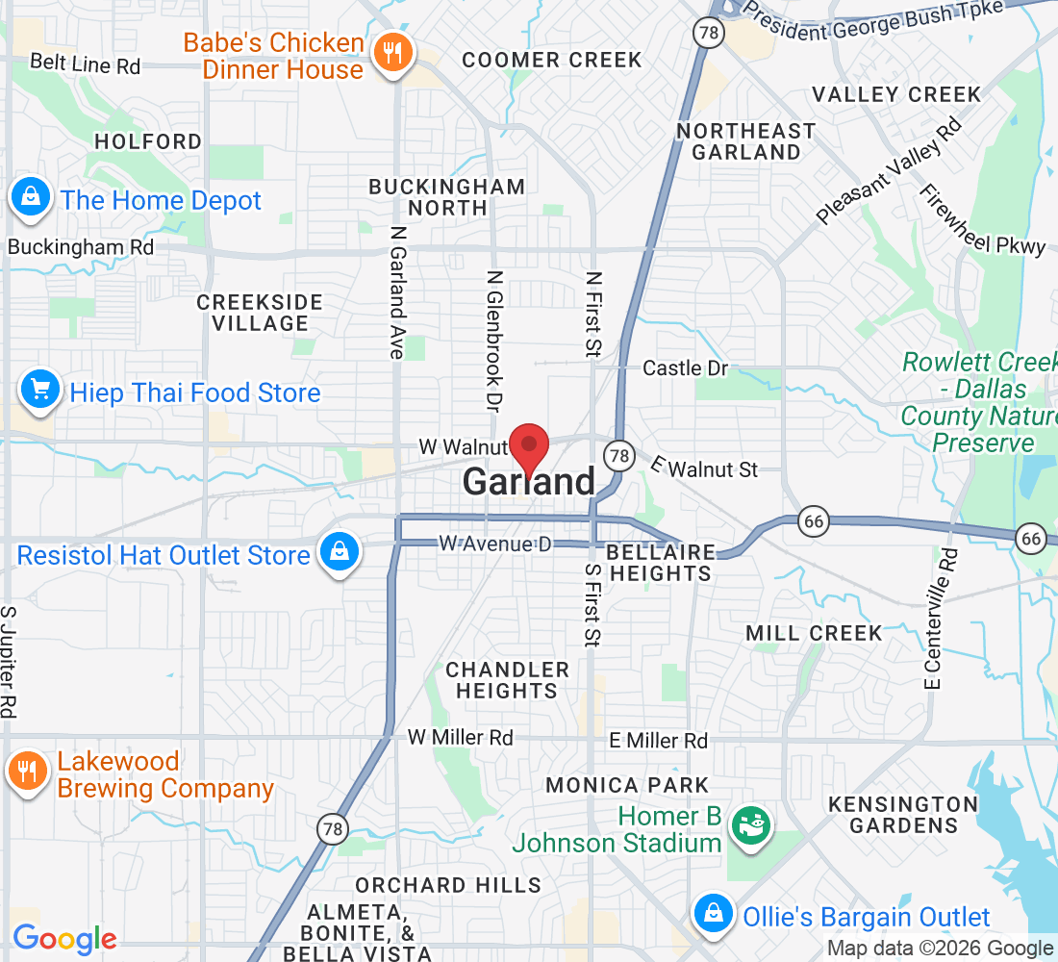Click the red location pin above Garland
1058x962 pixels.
point(528,446)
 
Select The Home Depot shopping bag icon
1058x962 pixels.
point(31,198)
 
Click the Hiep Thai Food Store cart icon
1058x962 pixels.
point(40,392)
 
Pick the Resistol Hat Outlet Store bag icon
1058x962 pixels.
point(340,552)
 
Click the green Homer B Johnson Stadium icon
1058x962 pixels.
point(747,826)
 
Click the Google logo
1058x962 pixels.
point(64,938)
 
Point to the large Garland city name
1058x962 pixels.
point(529,483)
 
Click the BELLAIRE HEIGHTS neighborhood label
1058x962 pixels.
point(661,563)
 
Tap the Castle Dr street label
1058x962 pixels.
point(686,367)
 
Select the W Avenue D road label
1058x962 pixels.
point(495,544)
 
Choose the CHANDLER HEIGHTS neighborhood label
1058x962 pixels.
point(507,680)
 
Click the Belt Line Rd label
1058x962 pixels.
point(85,64)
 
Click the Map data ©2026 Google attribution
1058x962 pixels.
point(940,949)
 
